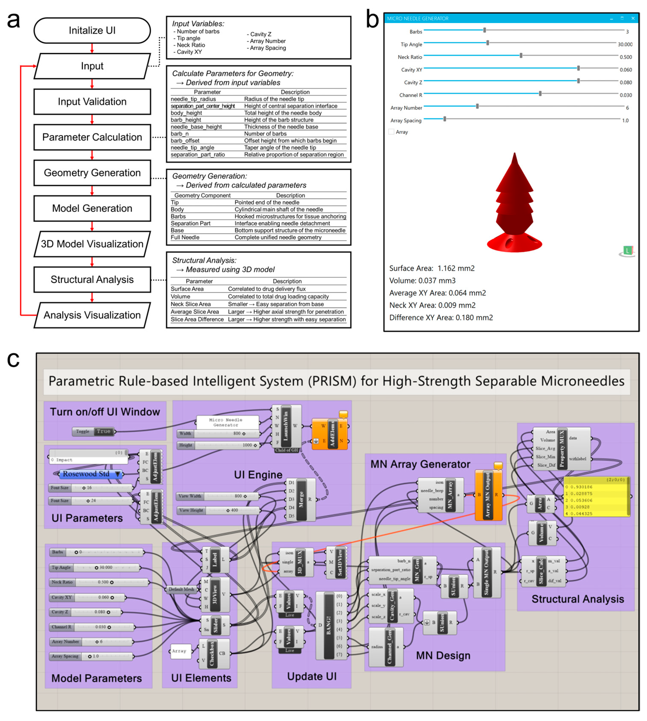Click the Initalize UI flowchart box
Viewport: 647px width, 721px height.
[92, 30]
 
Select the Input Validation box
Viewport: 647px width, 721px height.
[92, 102]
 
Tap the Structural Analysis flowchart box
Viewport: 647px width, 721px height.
[92, 279]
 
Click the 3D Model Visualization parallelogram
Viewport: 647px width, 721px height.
[92, 244]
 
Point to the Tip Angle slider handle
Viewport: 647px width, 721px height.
[488, 43]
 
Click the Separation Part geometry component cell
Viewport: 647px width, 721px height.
[191, 223]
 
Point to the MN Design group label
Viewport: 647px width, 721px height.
[443, 656]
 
